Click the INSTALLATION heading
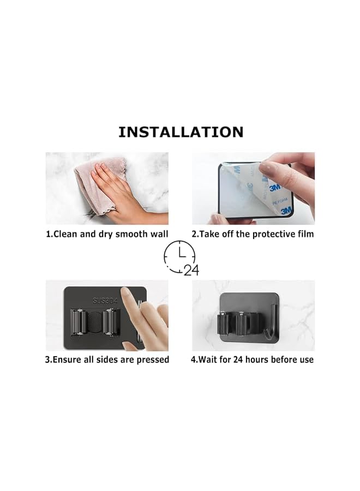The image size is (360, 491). (x=181, y=132)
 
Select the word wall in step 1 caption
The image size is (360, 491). (x=158, y=234)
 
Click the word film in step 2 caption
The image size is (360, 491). (x=304, y=234)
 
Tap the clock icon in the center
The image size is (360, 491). (x=179, y=256)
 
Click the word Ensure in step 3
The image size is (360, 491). (x=70, y=360)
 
